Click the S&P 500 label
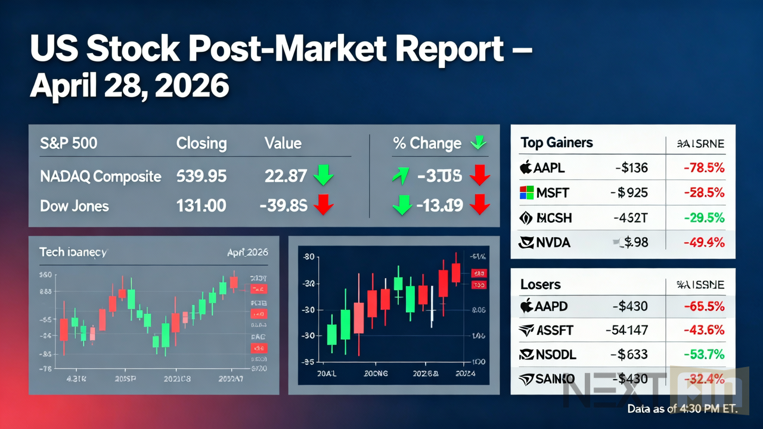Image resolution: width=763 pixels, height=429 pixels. [x=69, y=144]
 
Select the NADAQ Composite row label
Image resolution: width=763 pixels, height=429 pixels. [x=100, y=176]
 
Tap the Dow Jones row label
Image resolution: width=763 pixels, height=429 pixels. [x=75, y=206]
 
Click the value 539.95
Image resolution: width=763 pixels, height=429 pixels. [x=201, y=176]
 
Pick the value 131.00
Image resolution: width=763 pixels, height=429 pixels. [x=201, y=206]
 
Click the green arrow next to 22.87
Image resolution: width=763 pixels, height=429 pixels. [x=324, y=176]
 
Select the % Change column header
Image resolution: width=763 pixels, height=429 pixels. [x=427, y=144]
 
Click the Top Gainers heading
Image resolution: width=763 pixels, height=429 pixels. [x=557, y=142]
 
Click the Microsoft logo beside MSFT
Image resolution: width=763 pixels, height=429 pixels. [x=525, y=193]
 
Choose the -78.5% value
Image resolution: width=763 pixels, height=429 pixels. [x=704, y=168]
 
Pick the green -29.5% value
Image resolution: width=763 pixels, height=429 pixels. [x=704, y=218]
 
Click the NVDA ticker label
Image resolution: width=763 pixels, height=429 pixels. [x=553, y=243]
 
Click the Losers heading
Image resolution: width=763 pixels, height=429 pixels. [x=541, y=285]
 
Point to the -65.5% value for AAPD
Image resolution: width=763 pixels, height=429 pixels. [x=704, y=307]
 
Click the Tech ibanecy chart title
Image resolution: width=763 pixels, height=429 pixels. [x=73, y=252]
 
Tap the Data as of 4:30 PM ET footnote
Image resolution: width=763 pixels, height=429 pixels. [x=683, y=409]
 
